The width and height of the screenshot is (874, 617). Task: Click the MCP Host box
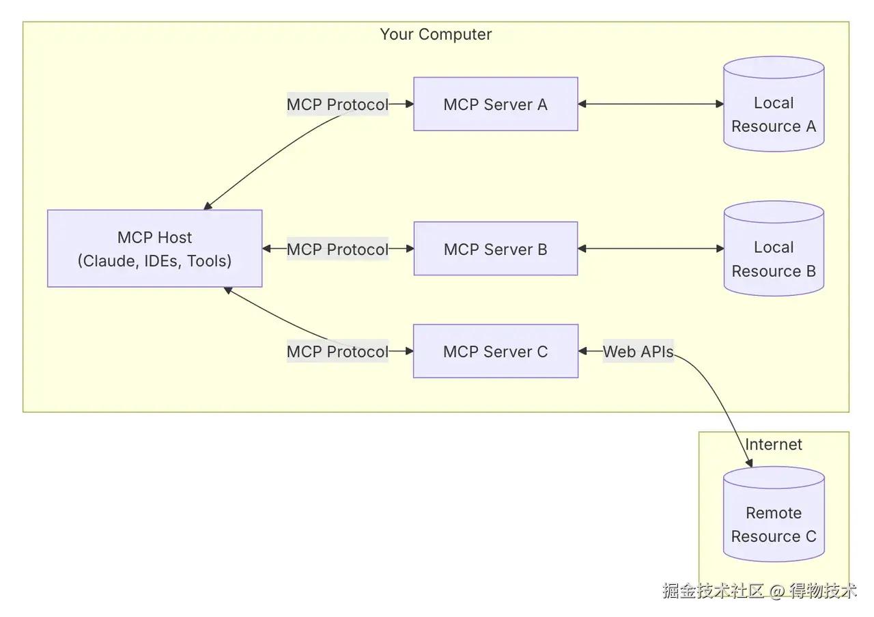pos(154,248)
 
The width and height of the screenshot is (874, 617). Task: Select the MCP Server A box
pos(495,104)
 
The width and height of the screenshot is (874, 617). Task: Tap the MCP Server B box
pos(495,249)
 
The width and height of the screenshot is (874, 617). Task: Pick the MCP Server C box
pos(495,351)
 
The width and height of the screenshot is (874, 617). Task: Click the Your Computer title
pos(436,34)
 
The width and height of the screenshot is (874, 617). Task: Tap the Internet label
pos(774,444)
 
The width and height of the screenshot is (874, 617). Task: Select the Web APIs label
pos(638,352)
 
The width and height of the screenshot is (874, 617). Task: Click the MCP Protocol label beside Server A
pos(337,105)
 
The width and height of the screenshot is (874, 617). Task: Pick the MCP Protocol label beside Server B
pos(337,249)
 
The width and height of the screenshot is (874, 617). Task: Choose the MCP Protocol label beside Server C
pos(337,352)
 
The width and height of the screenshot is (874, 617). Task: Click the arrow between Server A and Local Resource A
pos(650,104)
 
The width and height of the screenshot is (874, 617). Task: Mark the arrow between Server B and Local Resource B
pos(650,249)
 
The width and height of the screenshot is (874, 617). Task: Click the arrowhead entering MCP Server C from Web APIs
pos(583,351)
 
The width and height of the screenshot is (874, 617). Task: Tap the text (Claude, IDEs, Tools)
pos(154,261)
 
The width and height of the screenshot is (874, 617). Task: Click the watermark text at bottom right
pos(758,591)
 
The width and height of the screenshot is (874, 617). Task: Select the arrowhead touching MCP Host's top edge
pos(208,206)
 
